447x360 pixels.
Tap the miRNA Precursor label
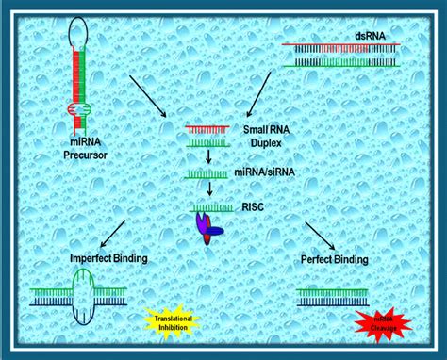point(86,150)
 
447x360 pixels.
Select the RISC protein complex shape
point(207,227)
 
